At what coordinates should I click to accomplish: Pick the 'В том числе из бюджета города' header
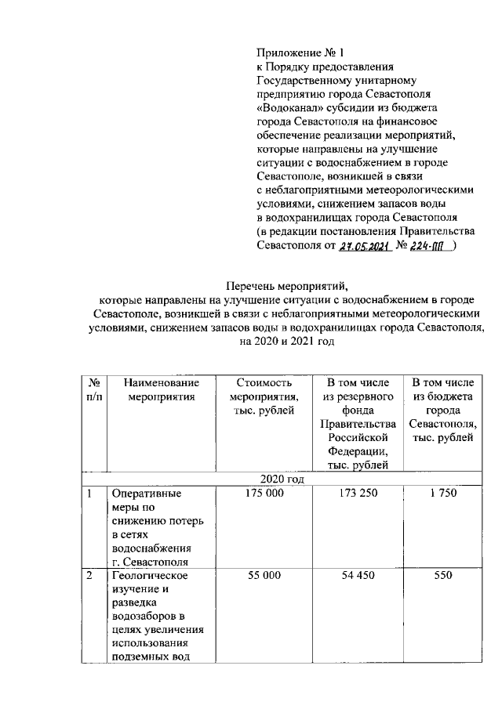[442, 410]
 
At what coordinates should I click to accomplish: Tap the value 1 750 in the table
[442, 494]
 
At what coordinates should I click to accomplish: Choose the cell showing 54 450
[358, 575]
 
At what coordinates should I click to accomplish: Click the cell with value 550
[442, 575]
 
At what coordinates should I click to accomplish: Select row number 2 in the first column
[90, 575]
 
